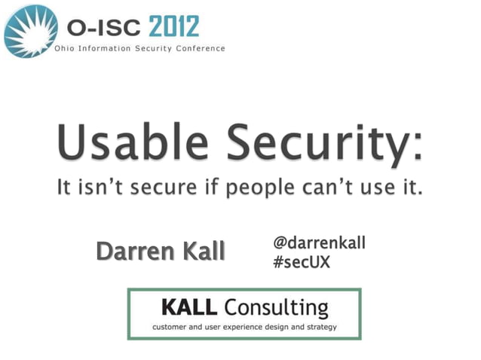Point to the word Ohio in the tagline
(x=66, y=49)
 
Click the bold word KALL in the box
(x=188, y=307)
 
